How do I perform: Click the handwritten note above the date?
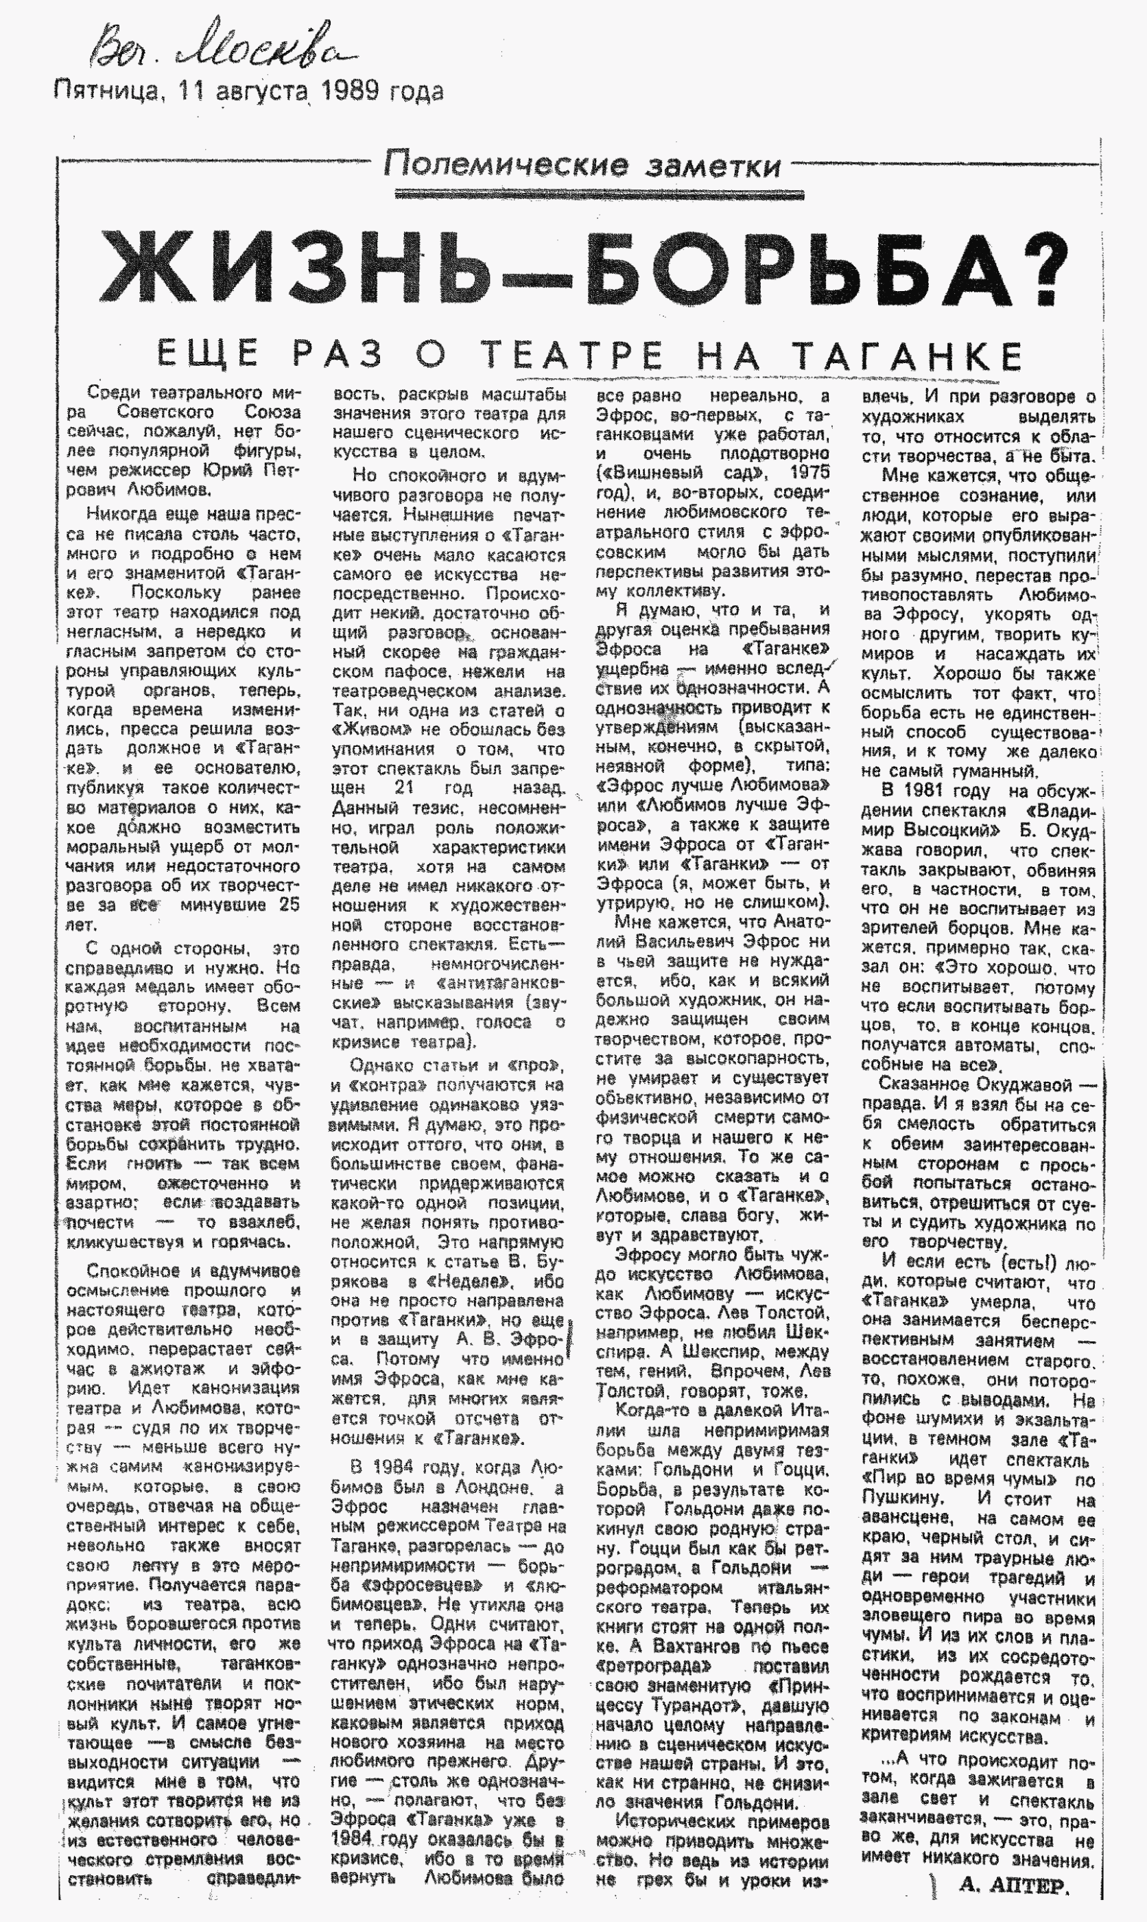pos(220,47)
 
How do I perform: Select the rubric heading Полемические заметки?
pos(581,165)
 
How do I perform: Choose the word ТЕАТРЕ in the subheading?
pos(572,355)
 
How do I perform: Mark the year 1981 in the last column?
pos(943,791)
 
